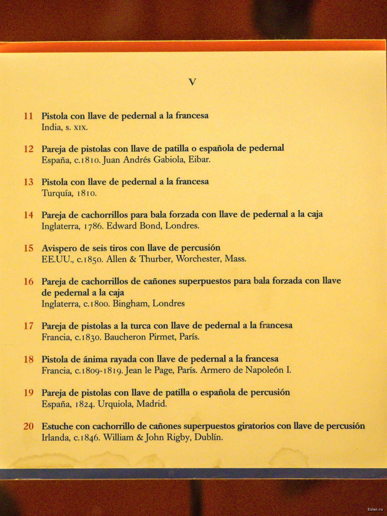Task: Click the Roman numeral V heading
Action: click(192, 82)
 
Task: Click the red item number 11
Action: click(28, 116)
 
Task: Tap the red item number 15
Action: click(28, 248)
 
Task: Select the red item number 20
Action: click(28, 426)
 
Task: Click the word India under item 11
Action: click(51, 127)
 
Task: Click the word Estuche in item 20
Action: click(57, 426)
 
